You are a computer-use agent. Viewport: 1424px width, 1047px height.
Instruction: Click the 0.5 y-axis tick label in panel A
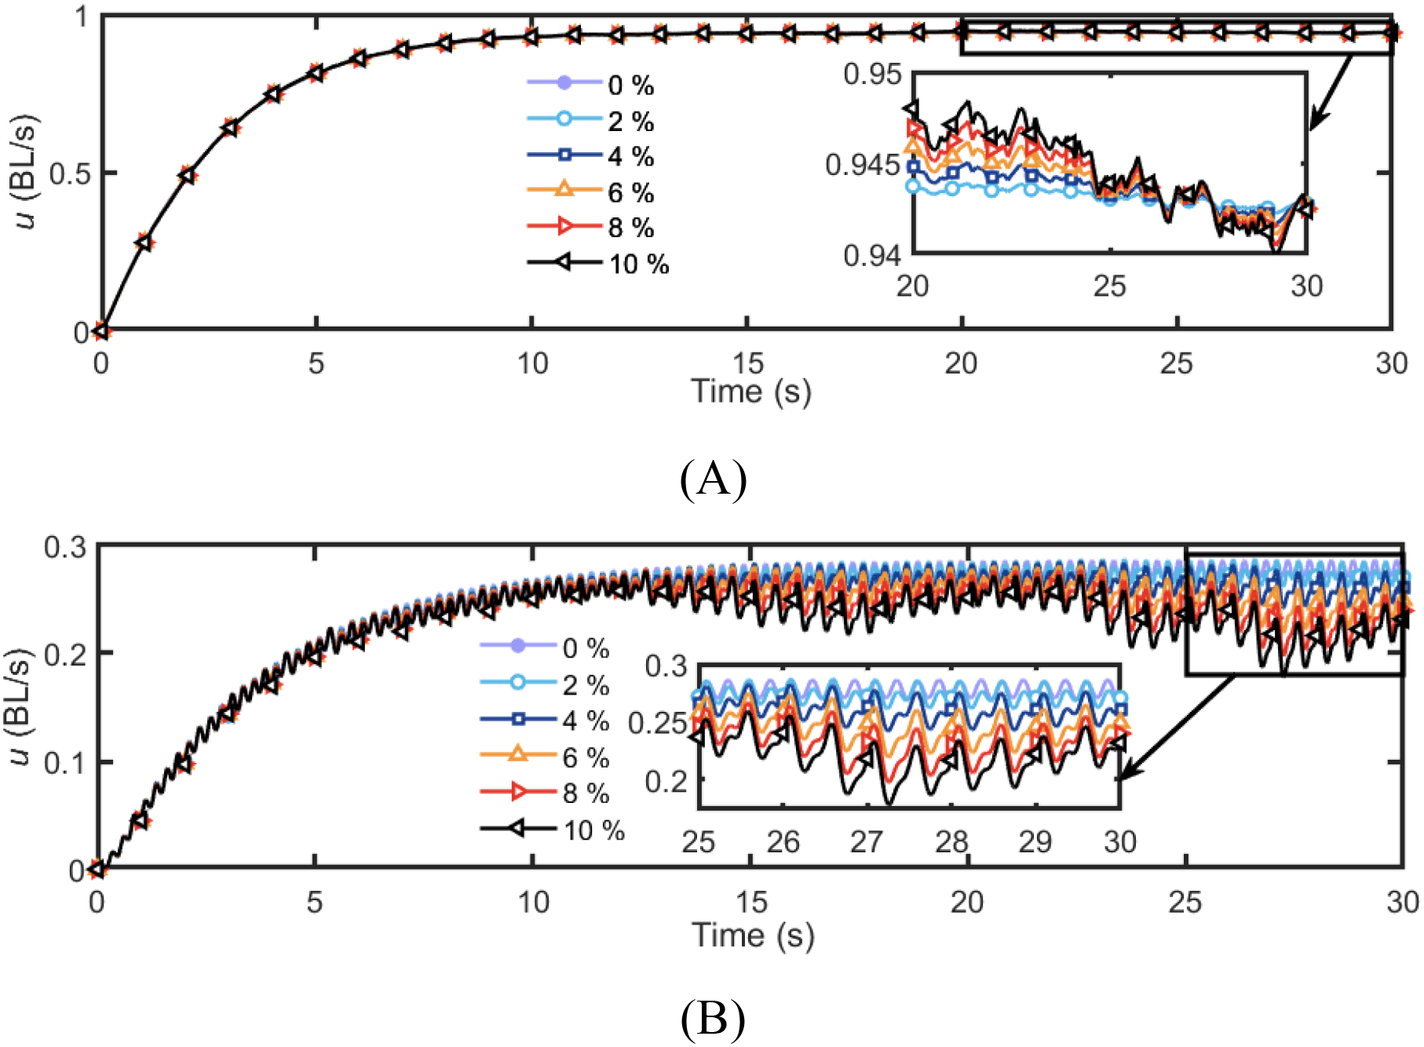(70, 173)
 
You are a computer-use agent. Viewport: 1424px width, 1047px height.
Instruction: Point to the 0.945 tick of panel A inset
(862, 165)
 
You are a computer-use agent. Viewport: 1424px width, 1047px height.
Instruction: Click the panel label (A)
(712, 478)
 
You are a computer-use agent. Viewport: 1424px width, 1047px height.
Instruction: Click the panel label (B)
(712, 1019)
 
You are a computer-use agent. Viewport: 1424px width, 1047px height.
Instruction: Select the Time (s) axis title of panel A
(751, 390)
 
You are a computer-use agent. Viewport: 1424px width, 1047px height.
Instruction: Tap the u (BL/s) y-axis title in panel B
(21, 706)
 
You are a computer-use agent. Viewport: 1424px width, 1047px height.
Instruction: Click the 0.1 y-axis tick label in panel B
(65, 762)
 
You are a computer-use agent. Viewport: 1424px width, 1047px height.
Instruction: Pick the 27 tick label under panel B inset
(867, 841)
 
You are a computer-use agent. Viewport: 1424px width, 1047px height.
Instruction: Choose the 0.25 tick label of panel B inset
(658, 723)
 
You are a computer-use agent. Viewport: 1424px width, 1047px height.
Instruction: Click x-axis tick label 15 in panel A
(747, 363)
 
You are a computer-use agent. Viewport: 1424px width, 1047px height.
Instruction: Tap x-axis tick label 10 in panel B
(533, 902)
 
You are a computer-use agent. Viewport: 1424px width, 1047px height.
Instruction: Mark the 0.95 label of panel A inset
(872, 75)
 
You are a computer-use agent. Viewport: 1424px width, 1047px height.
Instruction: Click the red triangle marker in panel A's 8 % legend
(564, 227)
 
